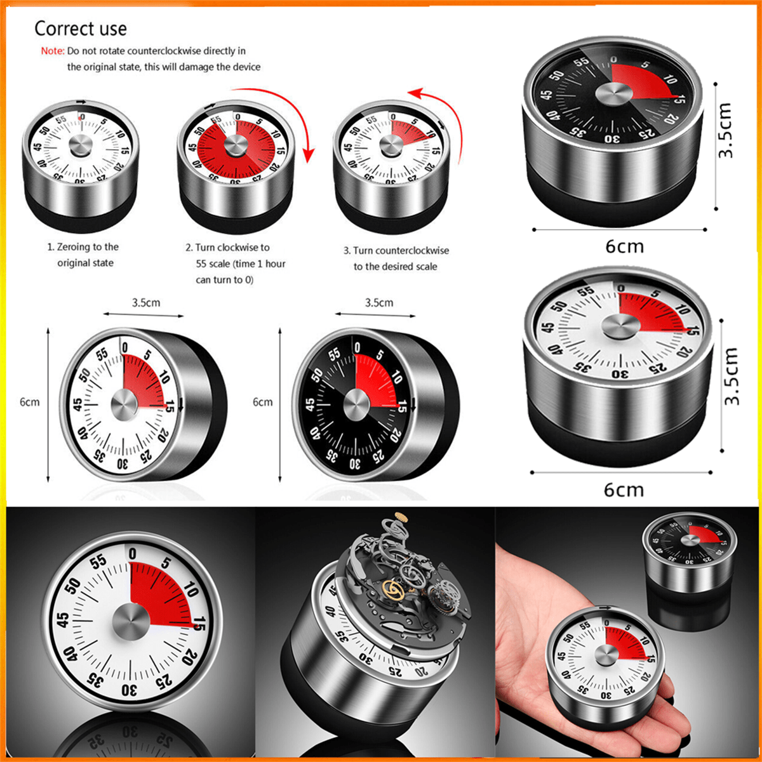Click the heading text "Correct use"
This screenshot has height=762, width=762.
tap(81, 29)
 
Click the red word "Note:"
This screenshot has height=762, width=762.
tap(53, 51)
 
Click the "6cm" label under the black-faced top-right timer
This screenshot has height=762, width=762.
tap(624, 246)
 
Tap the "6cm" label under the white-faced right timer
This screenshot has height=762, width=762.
tap(623, 490)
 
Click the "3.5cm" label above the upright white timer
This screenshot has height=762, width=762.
tap(146, 303)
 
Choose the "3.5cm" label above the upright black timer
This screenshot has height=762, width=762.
tap(379, 303)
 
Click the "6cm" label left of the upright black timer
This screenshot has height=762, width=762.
tap(262, 402)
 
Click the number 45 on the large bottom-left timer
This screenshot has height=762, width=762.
tap(63, 620)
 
